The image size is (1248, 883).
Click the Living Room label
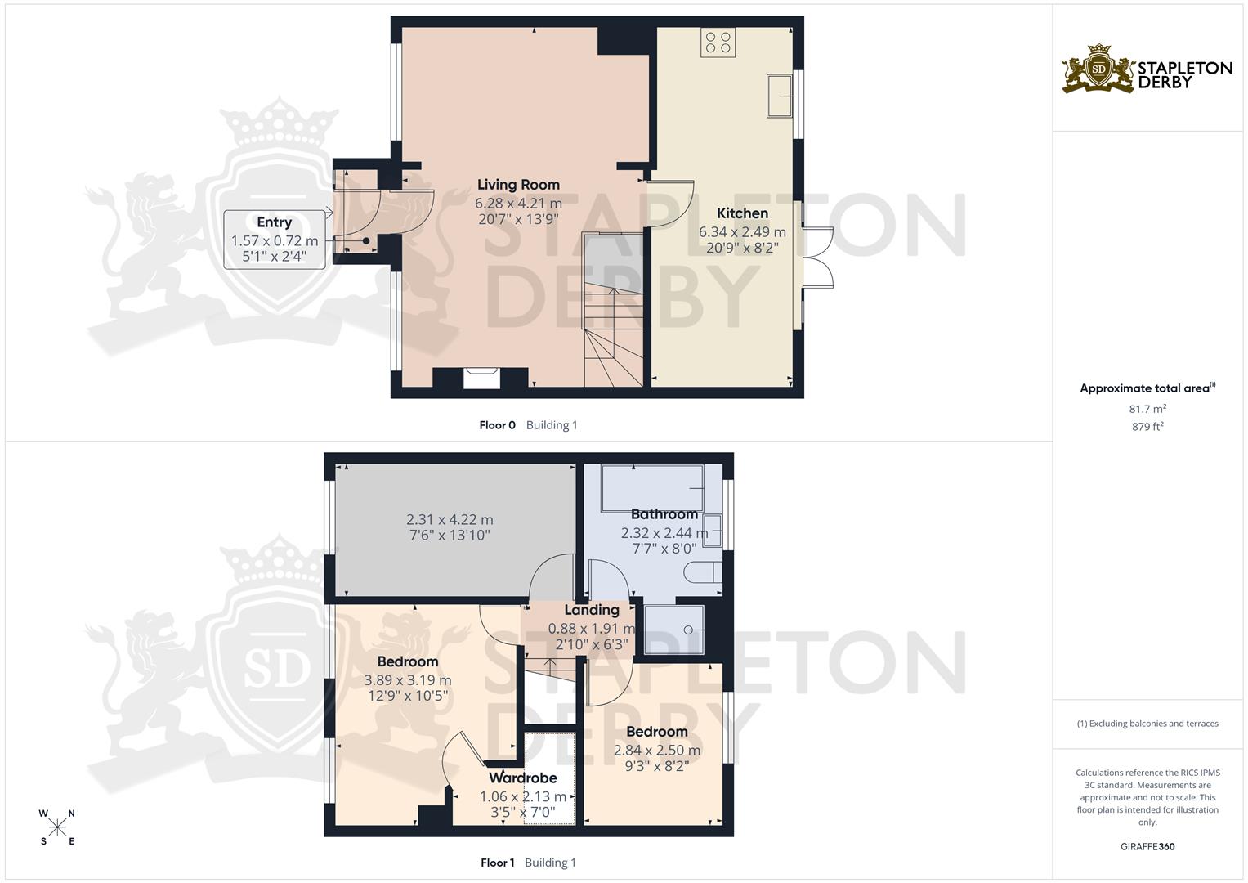[518, 185]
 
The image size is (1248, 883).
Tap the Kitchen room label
[742, 213]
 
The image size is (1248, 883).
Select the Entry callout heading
[274, 222]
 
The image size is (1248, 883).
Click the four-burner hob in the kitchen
[718, 43]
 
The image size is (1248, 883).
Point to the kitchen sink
[780, 96]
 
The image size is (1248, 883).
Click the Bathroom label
[664, 514]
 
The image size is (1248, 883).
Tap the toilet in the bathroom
[703, 572]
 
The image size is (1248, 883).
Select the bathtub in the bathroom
[652, 488]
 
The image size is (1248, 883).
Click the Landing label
[592, 610]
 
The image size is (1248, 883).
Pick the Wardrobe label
[522, 778]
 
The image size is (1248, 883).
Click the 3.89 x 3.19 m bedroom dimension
[408, 680]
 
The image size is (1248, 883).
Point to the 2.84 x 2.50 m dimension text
[657, 751]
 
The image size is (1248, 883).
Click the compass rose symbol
[57, 827]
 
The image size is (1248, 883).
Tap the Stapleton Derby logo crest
[1098, 68]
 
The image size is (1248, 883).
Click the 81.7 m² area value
[1147, 409]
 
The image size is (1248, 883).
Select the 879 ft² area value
[1147, 427]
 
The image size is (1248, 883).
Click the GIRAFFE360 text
[1147, 846]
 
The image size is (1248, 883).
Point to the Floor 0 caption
[497, 425]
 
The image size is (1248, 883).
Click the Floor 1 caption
[497, 863]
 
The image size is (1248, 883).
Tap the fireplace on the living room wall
[481, 378]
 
